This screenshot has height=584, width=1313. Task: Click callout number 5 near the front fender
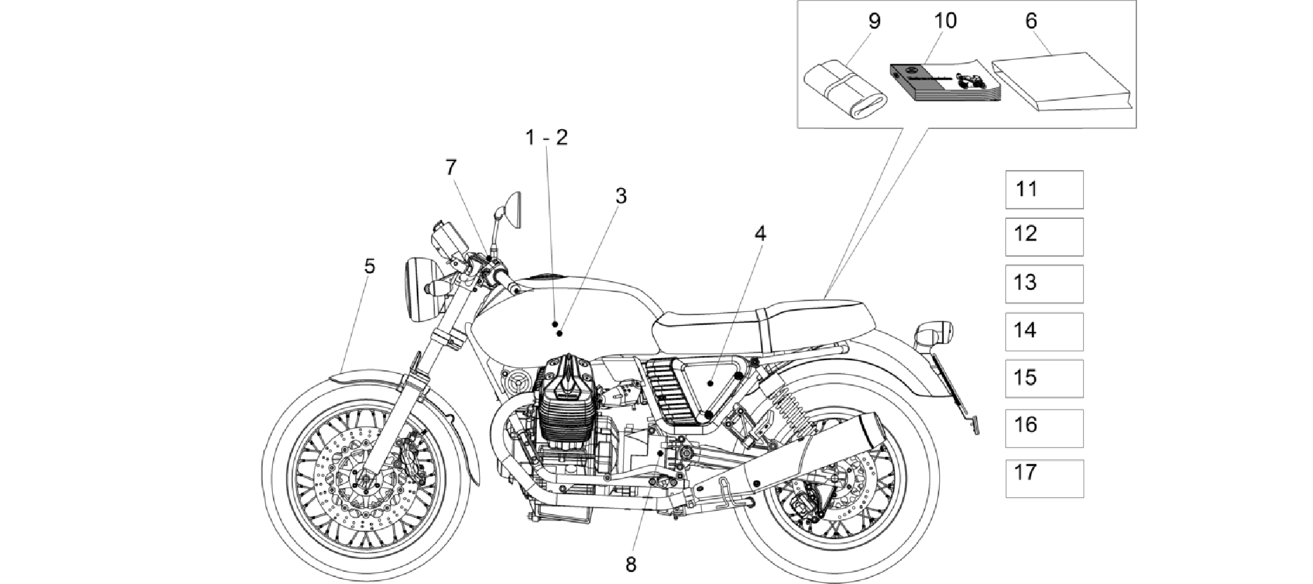(369, 266)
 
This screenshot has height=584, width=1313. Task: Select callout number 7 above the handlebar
(451, 167)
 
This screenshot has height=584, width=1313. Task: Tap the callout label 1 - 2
(546, 137)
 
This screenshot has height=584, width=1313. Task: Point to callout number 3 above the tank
(621, 196)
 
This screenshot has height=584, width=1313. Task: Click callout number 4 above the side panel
(760, 234)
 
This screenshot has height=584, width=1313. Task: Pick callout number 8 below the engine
(631, 565)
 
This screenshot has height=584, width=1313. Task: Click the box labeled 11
(1044, 189)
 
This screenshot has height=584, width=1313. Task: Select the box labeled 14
(1044, 332)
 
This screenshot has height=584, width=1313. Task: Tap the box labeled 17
(1044, 479)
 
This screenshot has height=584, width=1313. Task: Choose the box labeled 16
(1044, 428)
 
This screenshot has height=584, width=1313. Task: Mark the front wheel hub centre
(366, 479)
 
